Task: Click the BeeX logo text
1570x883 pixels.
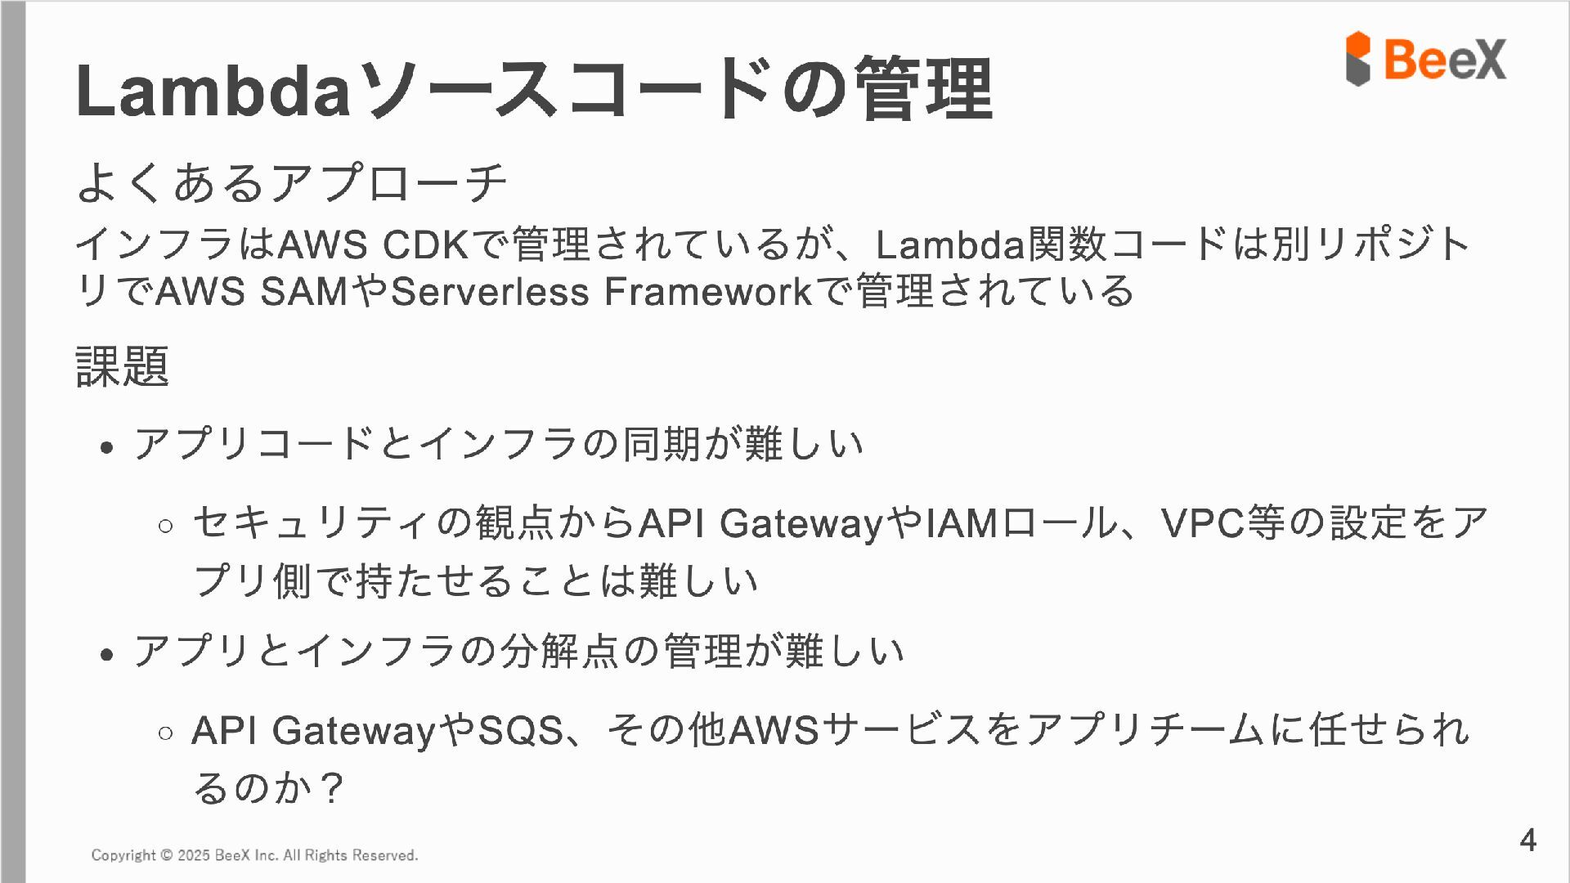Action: point(1445,59)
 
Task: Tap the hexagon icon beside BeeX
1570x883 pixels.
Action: point(1358,59)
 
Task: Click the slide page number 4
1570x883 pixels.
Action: point(1527,840)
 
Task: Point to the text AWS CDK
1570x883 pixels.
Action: point(374,244)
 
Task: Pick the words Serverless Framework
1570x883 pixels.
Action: point(602,292)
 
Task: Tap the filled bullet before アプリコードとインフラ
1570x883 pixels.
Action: point(106,448)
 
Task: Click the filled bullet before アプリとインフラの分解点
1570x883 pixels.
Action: point(106,655)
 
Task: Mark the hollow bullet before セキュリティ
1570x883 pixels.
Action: point(166,526)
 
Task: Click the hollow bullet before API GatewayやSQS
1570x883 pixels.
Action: point(166,733)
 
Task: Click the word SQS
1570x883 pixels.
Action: point(521,730)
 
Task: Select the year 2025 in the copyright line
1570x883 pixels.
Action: point(194,855)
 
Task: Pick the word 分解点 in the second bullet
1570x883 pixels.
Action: point(559,652)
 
